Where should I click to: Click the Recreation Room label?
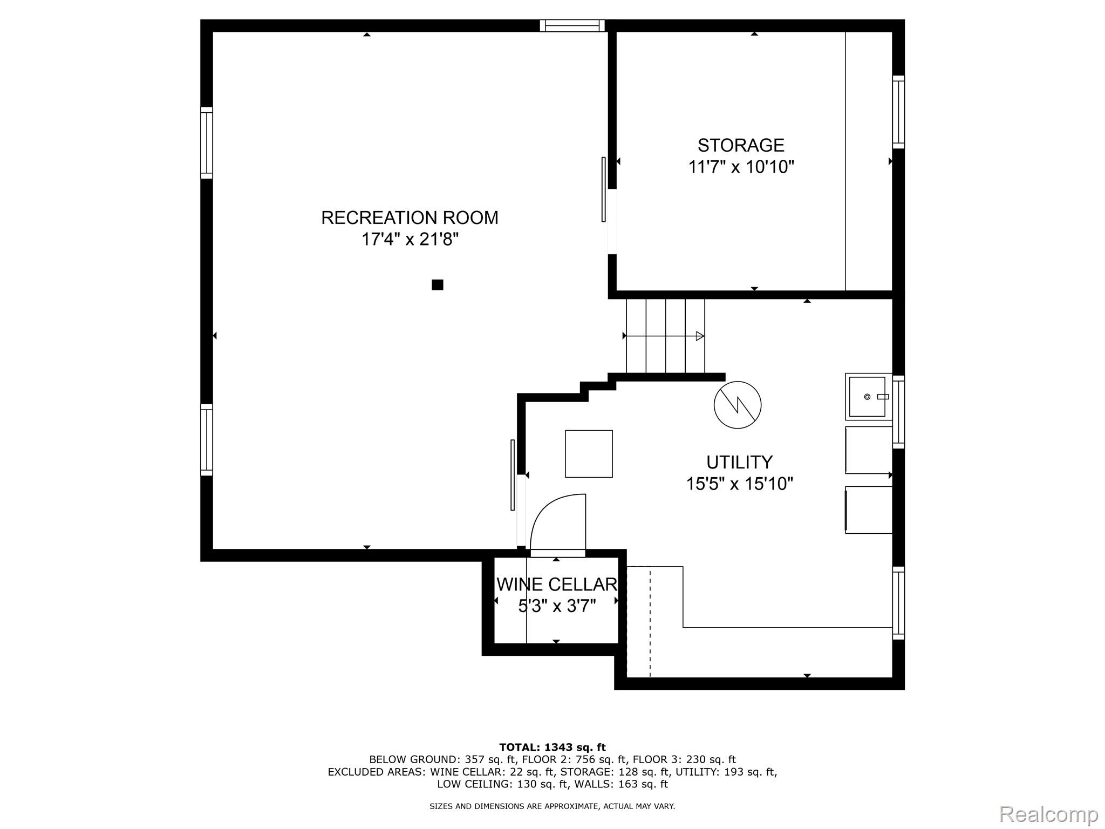tap(410, 218)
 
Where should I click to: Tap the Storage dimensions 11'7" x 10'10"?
tap(741, 167)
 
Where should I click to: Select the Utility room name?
tap(739, 462)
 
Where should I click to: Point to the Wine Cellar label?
tap(557, 585)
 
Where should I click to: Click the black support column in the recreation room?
tap(438, 284)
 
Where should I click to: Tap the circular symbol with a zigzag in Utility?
tap(738, 405)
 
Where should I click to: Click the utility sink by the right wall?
tap(868, 397)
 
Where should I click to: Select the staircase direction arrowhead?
tap(700, 336)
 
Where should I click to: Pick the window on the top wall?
tap(572, 25)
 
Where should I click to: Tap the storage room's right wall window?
tap(898, 112)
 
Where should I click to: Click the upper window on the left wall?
tap(207, 142)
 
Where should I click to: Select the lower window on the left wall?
tap(207, 440)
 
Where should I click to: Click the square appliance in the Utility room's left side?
tap(589, 454)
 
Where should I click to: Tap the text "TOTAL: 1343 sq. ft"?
tap(552, 748)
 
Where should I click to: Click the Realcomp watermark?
tap(1048, 814)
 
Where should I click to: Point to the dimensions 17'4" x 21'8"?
tap(410, 239)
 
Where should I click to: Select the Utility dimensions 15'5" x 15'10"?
tap(740, 484)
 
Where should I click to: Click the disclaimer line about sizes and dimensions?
tap(552, 806)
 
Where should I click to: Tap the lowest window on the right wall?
tap(898, 603)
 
